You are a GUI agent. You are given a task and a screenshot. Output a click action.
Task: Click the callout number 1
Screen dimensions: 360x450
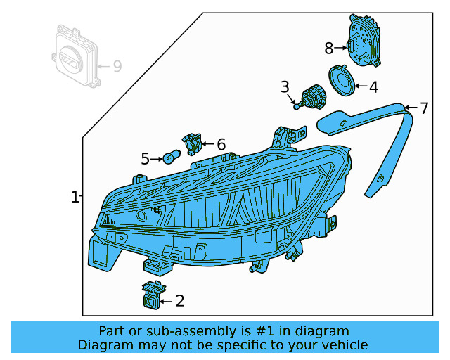click(x=75, y=198)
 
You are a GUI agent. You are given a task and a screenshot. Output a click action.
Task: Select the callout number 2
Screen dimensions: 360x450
click(x=180, y=302)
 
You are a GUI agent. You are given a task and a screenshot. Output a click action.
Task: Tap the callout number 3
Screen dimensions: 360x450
click(x=285, y=87)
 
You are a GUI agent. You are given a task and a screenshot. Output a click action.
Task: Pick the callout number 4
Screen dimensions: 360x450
click(x=373, y=88)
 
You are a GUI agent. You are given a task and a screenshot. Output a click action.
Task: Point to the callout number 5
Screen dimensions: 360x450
click(x=146, y=160)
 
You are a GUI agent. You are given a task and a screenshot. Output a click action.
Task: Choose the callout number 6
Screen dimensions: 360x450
click(x=221, y=144)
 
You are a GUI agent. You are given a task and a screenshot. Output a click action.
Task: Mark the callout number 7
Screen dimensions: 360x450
click(x=424, y=108)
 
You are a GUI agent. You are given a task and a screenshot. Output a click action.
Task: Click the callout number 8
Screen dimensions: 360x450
click(x=328, y=48)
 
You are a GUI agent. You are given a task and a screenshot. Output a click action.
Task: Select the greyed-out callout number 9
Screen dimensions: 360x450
click(x=117, y=66)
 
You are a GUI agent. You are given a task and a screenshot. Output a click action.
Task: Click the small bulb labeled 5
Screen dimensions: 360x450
click(x=172, y=156)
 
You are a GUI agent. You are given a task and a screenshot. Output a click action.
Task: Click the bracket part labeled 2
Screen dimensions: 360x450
click(x=152, y=295)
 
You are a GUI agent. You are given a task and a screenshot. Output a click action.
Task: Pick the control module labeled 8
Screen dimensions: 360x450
click(x=364, y=41)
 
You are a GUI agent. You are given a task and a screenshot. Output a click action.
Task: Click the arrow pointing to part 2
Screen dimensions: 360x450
click(x=167, y=302)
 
